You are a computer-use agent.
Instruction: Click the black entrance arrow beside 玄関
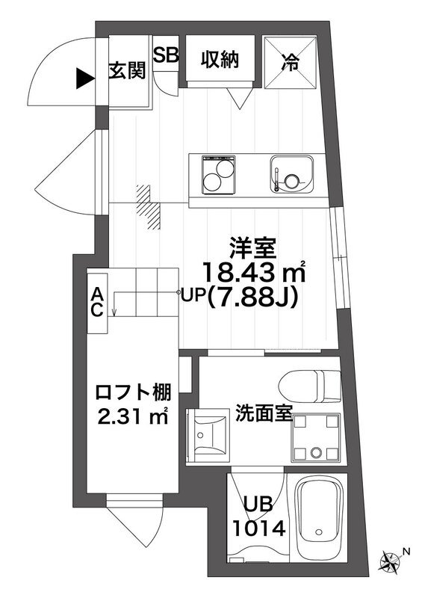83,75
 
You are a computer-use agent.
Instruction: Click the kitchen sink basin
292,176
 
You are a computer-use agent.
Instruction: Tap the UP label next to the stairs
192,296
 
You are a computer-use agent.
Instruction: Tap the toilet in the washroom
308,384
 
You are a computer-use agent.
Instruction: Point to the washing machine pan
315,437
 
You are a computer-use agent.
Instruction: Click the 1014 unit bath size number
258,529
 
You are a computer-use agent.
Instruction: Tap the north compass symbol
390,559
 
